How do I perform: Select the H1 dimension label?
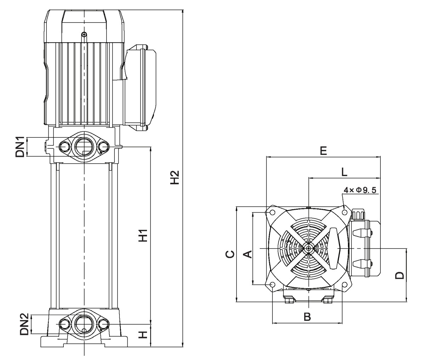coord(143,235)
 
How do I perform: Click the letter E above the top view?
coord(323,151)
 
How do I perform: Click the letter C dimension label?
coord(230,254)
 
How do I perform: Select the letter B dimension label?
coord(307,317)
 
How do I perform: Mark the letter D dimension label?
coord(399,275)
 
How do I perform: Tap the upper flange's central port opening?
coord(84,146)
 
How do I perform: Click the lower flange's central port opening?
coord(84,324)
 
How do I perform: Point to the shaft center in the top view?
coord(309,248)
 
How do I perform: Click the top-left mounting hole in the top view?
coord(272,212)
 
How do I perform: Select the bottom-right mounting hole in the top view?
coord(344,285)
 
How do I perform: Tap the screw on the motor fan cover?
coord(84,34)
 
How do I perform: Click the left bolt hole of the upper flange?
coord(64,146)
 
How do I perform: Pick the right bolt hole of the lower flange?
coord(103,324)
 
